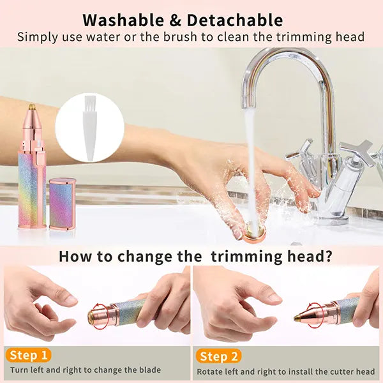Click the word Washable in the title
coord(123,20)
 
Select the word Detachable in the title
coord(235,20)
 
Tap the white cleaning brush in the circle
coord(89,128)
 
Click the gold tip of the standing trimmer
coord(32,107)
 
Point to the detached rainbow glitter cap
coord(63,204)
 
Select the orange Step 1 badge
coord(28,356)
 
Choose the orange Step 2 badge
coord(218,357)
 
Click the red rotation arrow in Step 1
coord(94,315)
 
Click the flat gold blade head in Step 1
coord(91,316)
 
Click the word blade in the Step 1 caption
coord(150,370)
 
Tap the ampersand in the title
coord(176,20)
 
